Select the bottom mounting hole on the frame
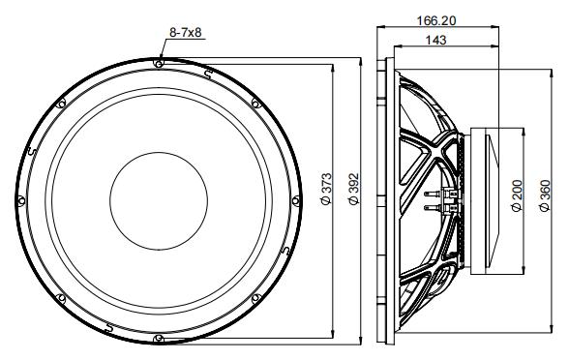158,337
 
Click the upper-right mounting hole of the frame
255,103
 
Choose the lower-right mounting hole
255,296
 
